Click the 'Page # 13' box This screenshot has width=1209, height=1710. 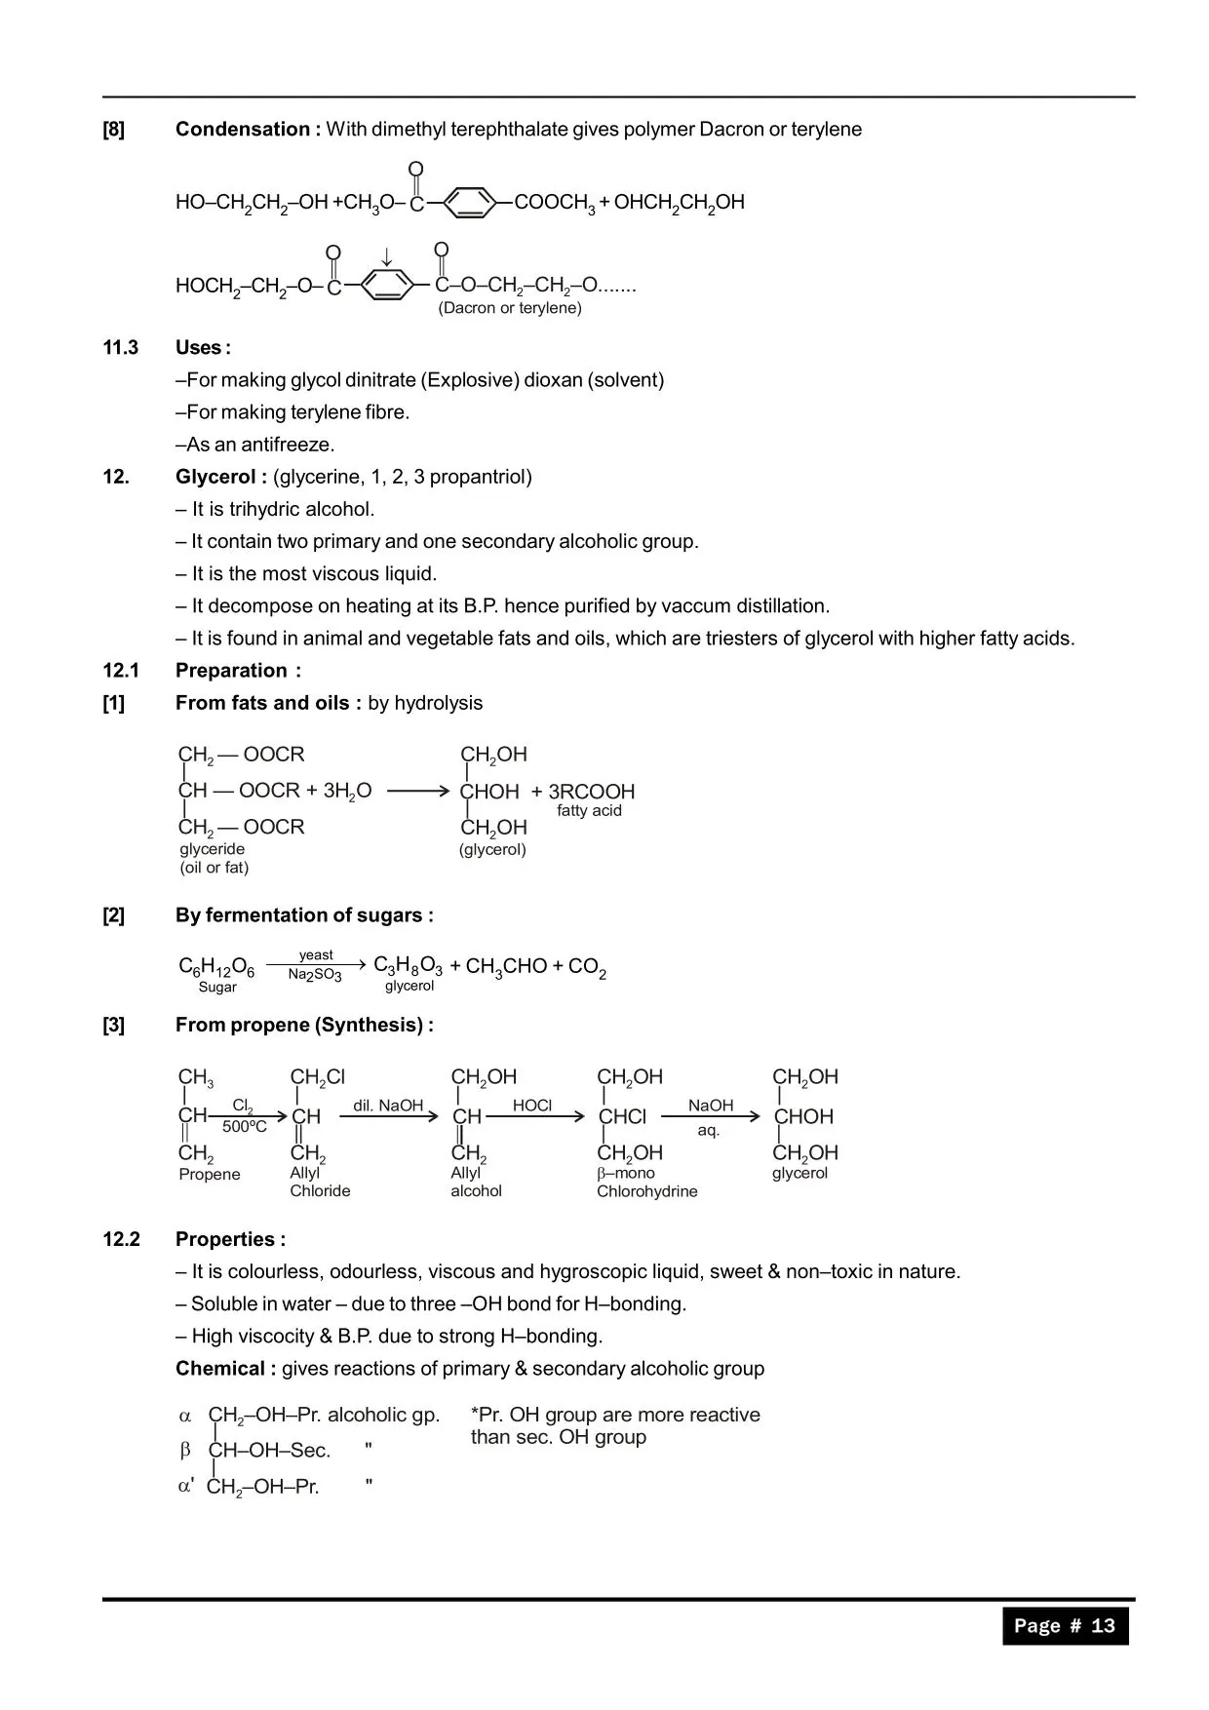(1065, 1625)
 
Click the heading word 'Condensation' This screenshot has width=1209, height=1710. (242, 130)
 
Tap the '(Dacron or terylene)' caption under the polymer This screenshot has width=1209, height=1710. (510, 308)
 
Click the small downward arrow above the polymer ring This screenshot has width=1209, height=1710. (386, 257)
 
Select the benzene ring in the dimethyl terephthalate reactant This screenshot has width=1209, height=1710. (469, 203)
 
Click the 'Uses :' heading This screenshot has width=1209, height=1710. (203, 348)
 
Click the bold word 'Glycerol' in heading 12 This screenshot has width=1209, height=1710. (215, 477)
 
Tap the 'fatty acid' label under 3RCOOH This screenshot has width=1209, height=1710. (589, 811)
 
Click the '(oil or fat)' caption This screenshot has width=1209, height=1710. (214, 868)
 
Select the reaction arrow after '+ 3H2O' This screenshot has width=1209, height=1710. (417, 791)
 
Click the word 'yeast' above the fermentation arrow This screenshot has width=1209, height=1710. (316, 955)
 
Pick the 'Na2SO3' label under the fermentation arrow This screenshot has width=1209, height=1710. (315, 975)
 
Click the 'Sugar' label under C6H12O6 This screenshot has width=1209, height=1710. (217, 988)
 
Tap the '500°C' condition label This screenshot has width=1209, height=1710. (245, 1127)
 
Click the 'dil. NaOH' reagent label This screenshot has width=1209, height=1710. (388, 1106)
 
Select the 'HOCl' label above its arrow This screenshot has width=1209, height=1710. (532, 1106)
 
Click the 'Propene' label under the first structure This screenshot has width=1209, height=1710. (210, 1175)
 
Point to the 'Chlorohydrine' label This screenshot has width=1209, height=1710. (647, 1191)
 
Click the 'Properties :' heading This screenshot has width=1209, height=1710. (230, 1239)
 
